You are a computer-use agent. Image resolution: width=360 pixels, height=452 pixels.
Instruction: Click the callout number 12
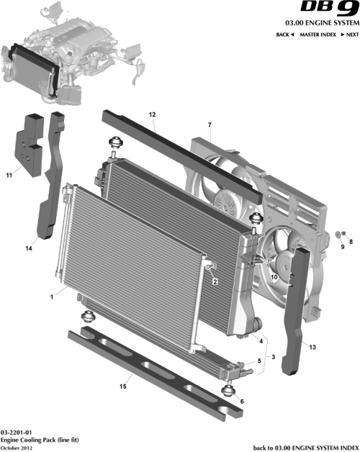point(152,114)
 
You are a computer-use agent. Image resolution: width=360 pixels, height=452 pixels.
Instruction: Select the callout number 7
point(210,126)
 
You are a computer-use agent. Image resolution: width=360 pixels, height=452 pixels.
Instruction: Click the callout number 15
point(123,387)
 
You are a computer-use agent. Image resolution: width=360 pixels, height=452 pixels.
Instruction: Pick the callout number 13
point(312,347)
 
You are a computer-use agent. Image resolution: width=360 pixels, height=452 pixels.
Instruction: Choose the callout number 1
point(52,296)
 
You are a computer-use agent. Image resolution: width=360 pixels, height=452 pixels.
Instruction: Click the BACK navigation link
point(284,35)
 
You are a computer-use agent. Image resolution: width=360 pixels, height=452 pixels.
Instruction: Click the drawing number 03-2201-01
point(15,431)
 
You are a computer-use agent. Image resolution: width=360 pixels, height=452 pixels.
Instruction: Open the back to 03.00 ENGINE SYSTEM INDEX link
point(305,447)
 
